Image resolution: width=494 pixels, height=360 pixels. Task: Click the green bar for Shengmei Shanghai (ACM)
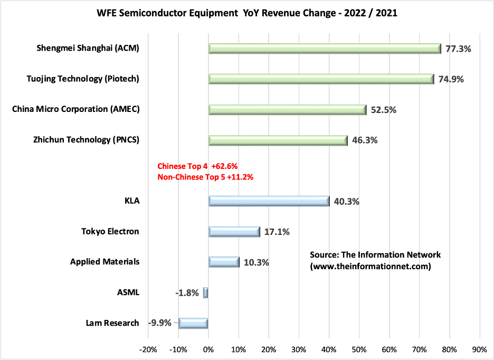pyautogui.click(x=325, y=49)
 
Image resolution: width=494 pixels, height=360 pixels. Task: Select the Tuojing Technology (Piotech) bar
pyautogui.click(x=321, y=79)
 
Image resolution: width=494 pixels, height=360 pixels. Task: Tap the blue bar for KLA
pyautogui.click(x=269, y=201)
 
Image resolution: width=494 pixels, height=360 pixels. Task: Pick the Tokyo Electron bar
pyautogui.click(x=234, y=232)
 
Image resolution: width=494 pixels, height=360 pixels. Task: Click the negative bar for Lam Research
pyautogui.click(x=193, y=323)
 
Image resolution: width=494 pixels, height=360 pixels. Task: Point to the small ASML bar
pyautogui.click(x=206, y=292)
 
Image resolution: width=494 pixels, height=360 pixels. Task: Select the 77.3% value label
pyautogui.click(x=458, y=49)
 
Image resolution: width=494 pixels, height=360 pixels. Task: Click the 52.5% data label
pyautogui.click(x=383, y=110)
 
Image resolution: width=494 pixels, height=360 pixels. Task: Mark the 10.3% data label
pyautogui.click(x=256, y=262)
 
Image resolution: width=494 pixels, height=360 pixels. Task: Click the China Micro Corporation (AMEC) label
pyautogui.click(x=79, y=109)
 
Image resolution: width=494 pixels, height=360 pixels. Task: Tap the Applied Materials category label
pyautogui.click(x=104, y=262)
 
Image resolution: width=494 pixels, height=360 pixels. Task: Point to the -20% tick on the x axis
pyautogui.click(x=148, y=349)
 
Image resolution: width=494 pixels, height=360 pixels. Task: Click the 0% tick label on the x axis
pyautogui.click(x=208, y=349)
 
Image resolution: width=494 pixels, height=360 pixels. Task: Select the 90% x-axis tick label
pyautogui.click(x=479, y=349)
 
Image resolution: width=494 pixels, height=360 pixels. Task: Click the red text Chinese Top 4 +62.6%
pyautogui.click(x=198, y=166)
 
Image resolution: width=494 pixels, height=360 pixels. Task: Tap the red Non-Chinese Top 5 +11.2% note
pyautogui.click(x=205, y=177)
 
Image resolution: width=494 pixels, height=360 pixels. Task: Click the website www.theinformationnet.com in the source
pyautogui.click(x=370, y=267)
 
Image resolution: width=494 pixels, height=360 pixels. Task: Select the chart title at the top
pyautogui.click(x=247, y=13)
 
